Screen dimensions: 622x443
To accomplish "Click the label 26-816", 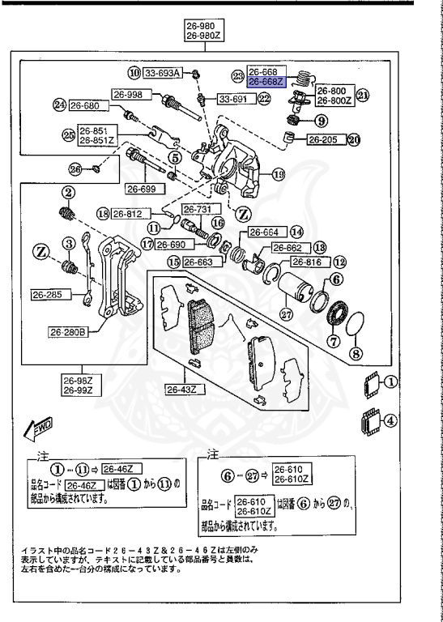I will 307,262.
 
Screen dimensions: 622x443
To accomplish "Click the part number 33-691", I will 236,99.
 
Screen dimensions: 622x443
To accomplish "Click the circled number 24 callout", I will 59,105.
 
